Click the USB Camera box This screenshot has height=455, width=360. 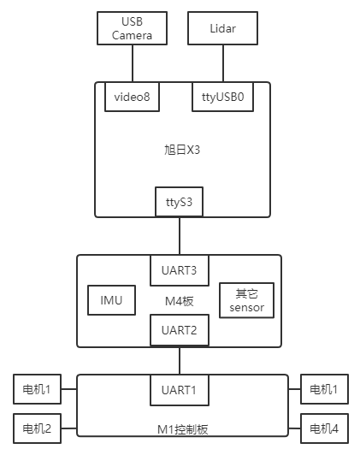[132, 28]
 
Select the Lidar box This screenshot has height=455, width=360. [223, 28]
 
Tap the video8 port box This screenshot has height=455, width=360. [132, 97]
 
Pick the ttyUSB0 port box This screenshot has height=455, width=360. [223, 97]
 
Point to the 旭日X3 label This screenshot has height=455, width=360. [182, 150]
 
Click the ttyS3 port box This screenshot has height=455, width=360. [180, 202]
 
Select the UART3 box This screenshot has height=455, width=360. [180, 270]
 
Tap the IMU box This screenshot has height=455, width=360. [112, 300]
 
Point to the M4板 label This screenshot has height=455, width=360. [180, 301]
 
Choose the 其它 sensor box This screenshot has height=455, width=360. [246, 300]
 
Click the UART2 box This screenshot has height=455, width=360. [180, 330]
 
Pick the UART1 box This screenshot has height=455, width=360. [180, 390]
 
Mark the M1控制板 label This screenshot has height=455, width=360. [183, 429]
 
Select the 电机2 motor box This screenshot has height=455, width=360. [37, 428]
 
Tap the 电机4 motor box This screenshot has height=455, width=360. [324, 428]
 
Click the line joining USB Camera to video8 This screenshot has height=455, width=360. [133, 63]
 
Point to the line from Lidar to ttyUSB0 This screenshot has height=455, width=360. [223, 63]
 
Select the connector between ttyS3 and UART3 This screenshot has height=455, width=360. [180, 236]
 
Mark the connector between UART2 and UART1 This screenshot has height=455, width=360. [180, 361]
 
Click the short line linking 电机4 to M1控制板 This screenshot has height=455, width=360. [294, 428]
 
